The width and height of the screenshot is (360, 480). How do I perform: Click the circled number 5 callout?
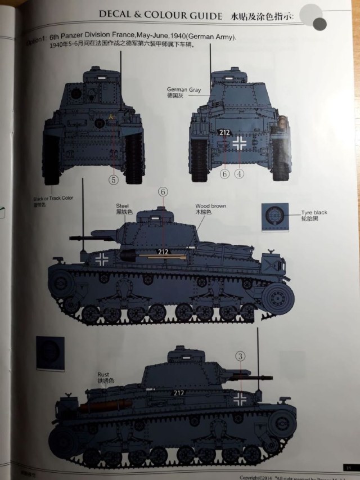point(114,181)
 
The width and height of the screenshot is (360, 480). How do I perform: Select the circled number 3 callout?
point(240,356)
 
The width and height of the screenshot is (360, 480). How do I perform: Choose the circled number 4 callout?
point(240,174)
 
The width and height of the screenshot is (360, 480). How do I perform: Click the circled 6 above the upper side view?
point(163,192)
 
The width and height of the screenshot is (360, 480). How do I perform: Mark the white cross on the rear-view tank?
point(240,143)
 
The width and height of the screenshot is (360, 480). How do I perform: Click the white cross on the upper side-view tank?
point(102,259)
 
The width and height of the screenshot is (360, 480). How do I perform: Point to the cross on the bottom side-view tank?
point(240,399)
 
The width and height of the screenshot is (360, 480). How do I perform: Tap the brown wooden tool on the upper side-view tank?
point(163,257)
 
